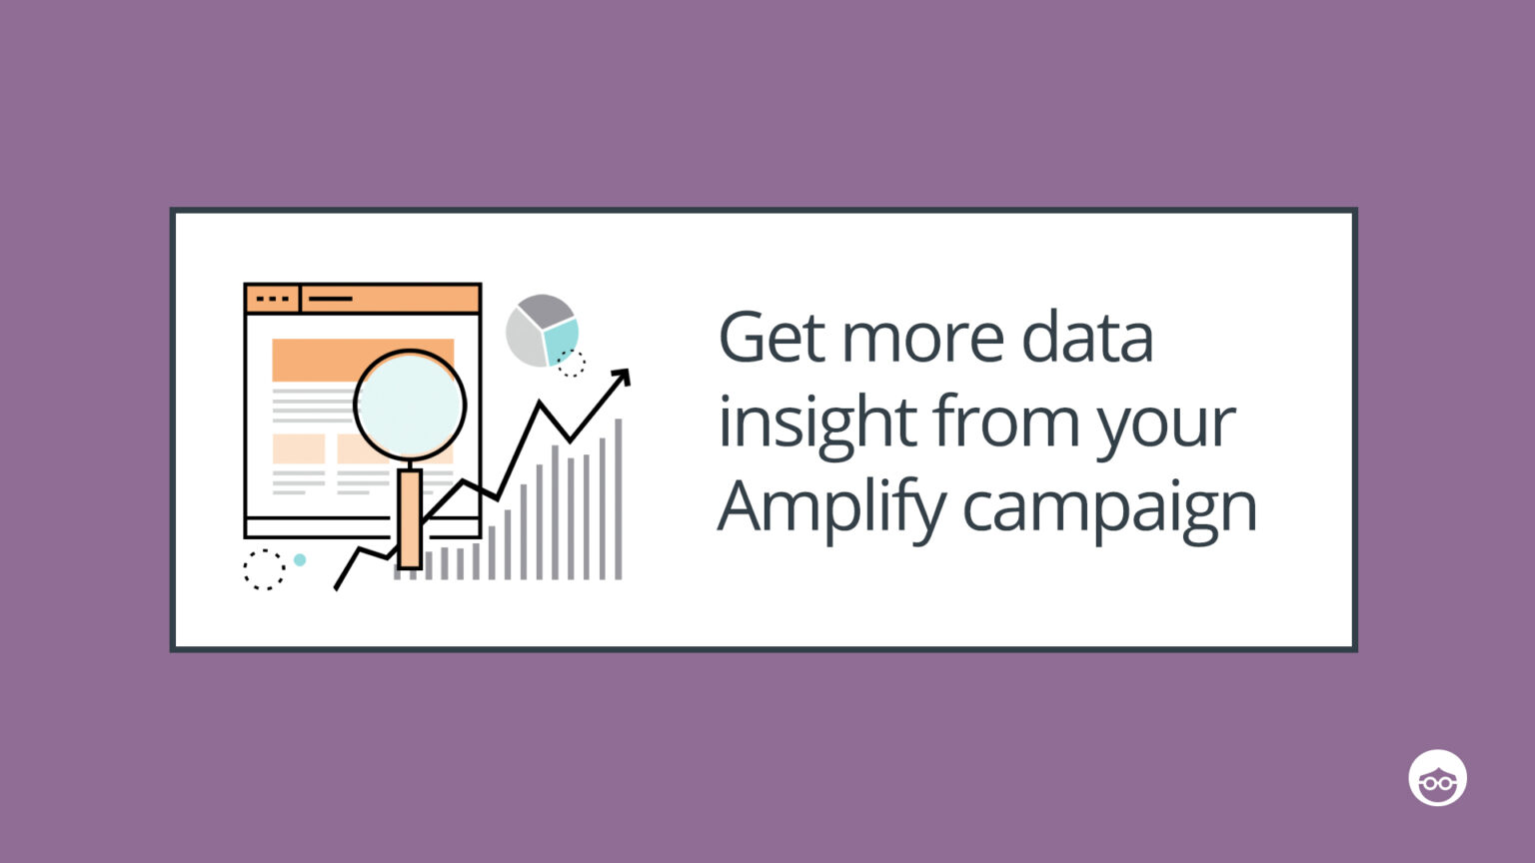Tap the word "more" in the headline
pos(921,338)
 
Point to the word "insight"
pos(816,424)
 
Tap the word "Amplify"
pos(831,507)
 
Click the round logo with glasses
pos(1437,778)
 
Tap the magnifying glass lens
pos(410,405)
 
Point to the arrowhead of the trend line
pos(623,377)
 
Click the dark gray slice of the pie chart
pos(546,310)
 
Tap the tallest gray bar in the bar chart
pos(619,499)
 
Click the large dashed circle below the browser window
pos(264,569)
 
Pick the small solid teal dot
pos(300,560)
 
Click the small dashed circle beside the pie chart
pos(572,364)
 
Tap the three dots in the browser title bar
pos(272,299)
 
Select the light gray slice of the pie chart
pos(525,338)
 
